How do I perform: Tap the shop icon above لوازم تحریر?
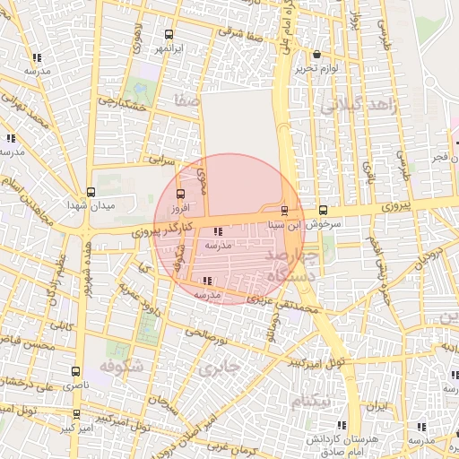pos(317,55)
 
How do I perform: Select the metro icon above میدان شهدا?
pos(91,192)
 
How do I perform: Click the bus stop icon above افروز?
pos(182,194)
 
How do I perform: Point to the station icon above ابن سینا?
pos(284,212)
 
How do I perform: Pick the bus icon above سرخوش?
pos(322,212)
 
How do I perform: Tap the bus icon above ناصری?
pos(74,369)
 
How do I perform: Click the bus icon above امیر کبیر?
pos(76,414)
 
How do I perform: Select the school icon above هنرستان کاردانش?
pos(341,425)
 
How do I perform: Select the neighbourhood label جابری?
pos(221,368)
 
